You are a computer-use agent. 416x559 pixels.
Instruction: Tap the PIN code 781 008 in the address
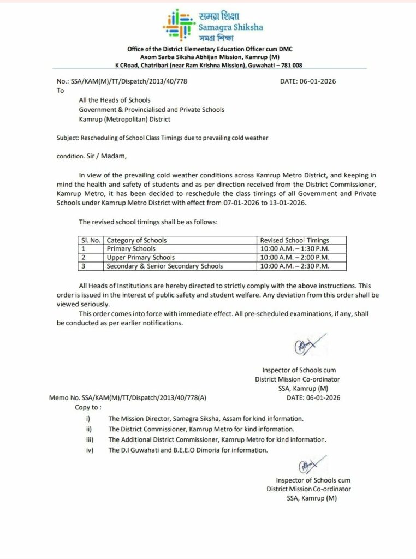point(290,65)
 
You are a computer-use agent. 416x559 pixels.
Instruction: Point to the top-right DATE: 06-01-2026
point(307,81)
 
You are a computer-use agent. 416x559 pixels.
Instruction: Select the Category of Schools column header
point(136,240)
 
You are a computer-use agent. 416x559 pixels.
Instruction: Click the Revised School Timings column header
point(294,240)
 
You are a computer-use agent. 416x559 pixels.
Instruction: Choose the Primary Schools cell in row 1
point(131,249)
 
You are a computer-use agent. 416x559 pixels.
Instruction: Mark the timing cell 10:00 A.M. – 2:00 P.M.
point(295,257)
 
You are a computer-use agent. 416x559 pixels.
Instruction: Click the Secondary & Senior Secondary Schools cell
point(165,266)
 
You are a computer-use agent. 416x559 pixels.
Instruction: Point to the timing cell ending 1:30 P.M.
point(295,249)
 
